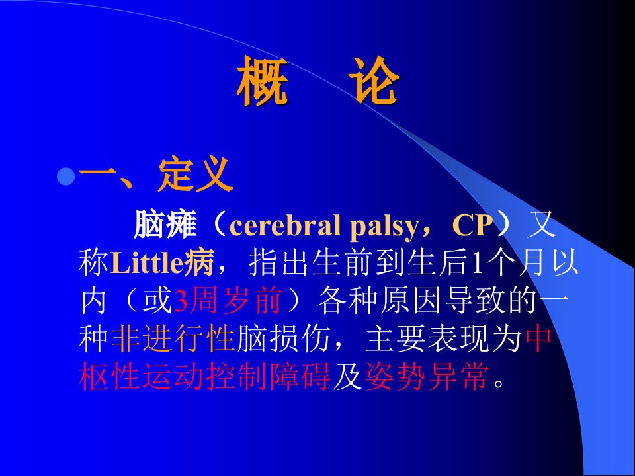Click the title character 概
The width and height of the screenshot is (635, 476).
263,81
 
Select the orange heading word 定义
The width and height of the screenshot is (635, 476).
195,175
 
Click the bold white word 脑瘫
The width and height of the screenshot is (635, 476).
165,225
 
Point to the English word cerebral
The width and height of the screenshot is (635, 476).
284,225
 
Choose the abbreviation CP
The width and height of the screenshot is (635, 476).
472,225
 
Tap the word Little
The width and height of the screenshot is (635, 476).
147,263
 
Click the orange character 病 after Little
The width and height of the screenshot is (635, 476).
198,263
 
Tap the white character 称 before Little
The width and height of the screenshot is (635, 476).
95,263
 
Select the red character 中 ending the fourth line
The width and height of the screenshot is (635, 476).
538,338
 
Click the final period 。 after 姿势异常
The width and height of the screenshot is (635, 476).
500,383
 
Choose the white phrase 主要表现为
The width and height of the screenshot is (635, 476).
443,338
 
